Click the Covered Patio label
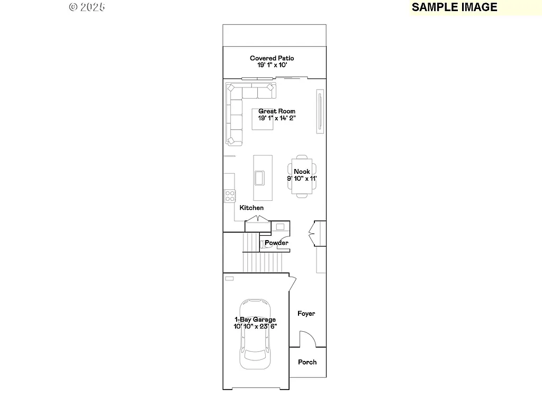coord(272,58)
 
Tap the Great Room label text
coord(277,111)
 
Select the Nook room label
coord(302,172)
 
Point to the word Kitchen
coord(251,208)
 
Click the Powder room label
coord(277,243)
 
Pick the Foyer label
coord(306,314)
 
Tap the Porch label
coord(307,362)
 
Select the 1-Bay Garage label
coord(255,320)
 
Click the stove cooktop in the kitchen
coord(230,196)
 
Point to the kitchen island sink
coord(260,178)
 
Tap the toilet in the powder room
coord(264,244)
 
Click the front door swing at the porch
coord(307,340)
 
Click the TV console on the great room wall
coord(320,111)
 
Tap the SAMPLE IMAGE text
coord(454,7)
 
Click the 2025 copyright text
coord(87,7)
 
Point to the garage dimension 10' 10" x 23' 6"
coord(255,326)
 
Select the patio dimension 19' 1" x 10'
coord(272,65)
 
